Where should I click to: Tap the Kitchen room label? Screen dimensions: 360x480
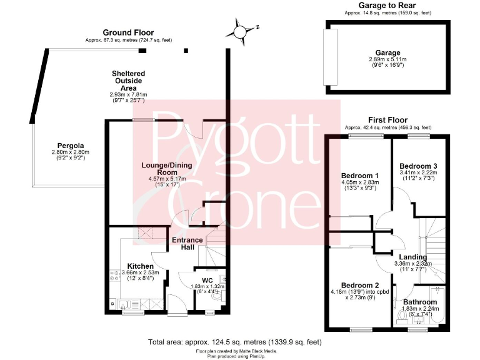(x=140, y=266)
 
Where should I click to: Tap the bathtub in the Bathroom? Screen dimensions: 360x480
(x=437, y=307)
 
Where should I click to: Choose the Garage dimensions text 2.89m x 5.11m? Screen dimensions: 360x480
(x=387, y=60)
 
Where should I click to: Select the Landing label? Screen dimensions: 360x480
(x=413, y=257)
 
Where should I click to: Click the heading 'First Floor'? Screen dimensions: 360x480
(x=387, y=120)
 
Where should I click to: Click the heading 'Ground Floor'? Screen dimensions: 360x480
(x=128, y=32)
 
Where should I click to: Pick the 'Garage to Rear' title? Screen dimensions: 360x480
(x=387, y=5)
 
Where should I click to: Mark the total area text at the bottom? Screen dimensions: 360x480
(x=236, y=342)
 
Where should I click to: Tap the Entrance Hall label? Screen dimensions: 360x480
(x=187, y=244)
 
